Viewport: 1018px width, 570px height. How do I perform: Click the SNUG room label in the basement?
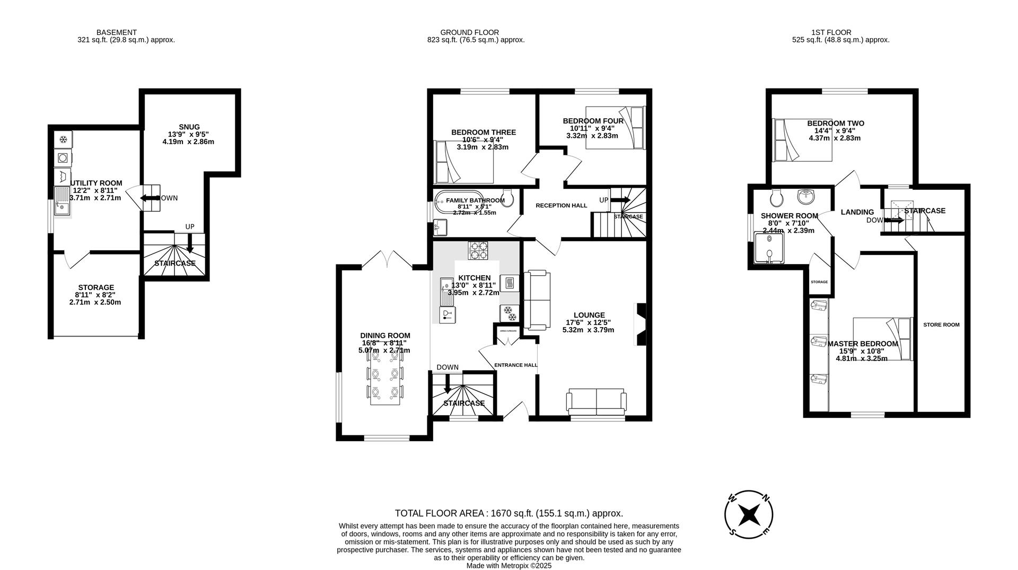tap(189, 127)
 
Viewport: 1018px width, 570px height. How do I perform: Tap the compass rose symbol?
tap(749, 514)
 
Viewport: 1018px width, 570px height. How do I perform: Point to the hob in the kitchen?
tap(478, 251)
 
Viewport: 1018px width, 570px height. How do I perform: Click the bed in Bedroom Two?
tap(803, 140)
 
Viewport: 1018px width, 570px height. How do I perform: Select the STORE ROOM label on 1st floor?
tap(941, 325)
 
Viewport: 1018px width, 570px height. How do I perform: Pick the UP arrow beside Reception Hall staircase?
tap(620, 200)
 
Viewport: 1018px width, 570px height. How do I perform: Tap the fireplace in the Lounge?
tap(640, 325)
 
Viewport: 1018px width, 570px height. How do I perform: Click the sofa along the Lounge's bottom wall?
tap(596, 402)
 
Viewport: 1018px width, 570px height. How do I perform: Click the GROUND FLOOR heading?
tap(469, 32)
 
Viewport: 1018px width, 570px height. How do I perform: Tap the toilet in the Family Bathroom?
tap(507, 198)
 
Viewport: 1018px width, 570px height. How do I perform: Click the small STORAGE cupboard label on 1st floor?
tap(819, 282)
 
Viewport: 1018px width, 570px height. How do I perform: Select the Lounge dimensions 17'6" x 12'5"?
tap(588, 322)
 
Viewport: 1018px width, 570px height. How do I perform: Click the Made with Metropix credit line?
tap(508, 566)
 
